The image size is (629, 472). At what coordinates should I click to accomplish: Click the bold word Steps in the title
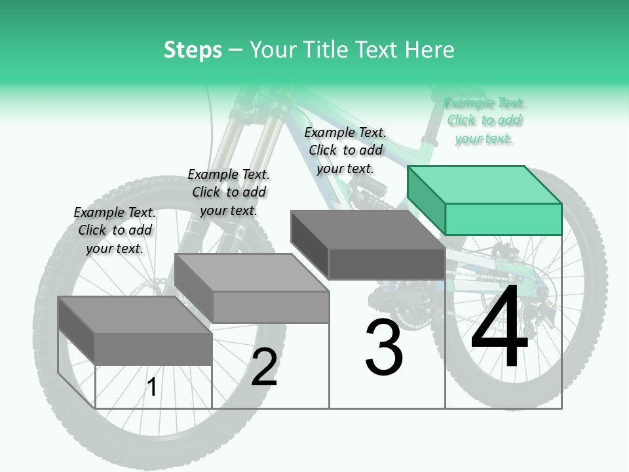coord(193,50)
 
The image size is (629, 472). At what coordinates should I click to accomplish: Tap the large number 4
coord(499,328)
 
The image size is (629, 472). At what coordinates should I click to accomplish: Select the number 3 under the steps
coord(383,347)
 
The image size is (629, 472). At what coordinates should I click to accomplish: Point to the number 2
coord(264,367)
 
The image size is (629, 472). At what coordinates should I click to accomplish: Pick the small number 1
coord(152,387)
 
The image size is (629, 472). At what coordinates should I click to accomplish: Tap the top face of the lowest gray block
coord(135,315)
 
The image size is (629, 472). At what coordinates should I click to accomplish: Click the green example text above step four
coord(484,121)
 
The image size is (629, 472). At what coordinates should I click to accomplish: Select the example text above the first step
coord(115,230)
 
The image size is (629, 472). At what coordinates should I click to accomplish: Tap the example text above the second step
coord(229,192)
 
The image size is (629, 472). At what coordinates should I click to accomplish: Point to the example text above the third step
coord(345,150)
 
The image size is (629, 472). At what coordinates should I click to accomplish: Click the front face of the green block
coord(503,219)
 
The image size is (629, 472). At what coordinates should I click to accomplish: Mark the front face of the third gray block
coord(387,264)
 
